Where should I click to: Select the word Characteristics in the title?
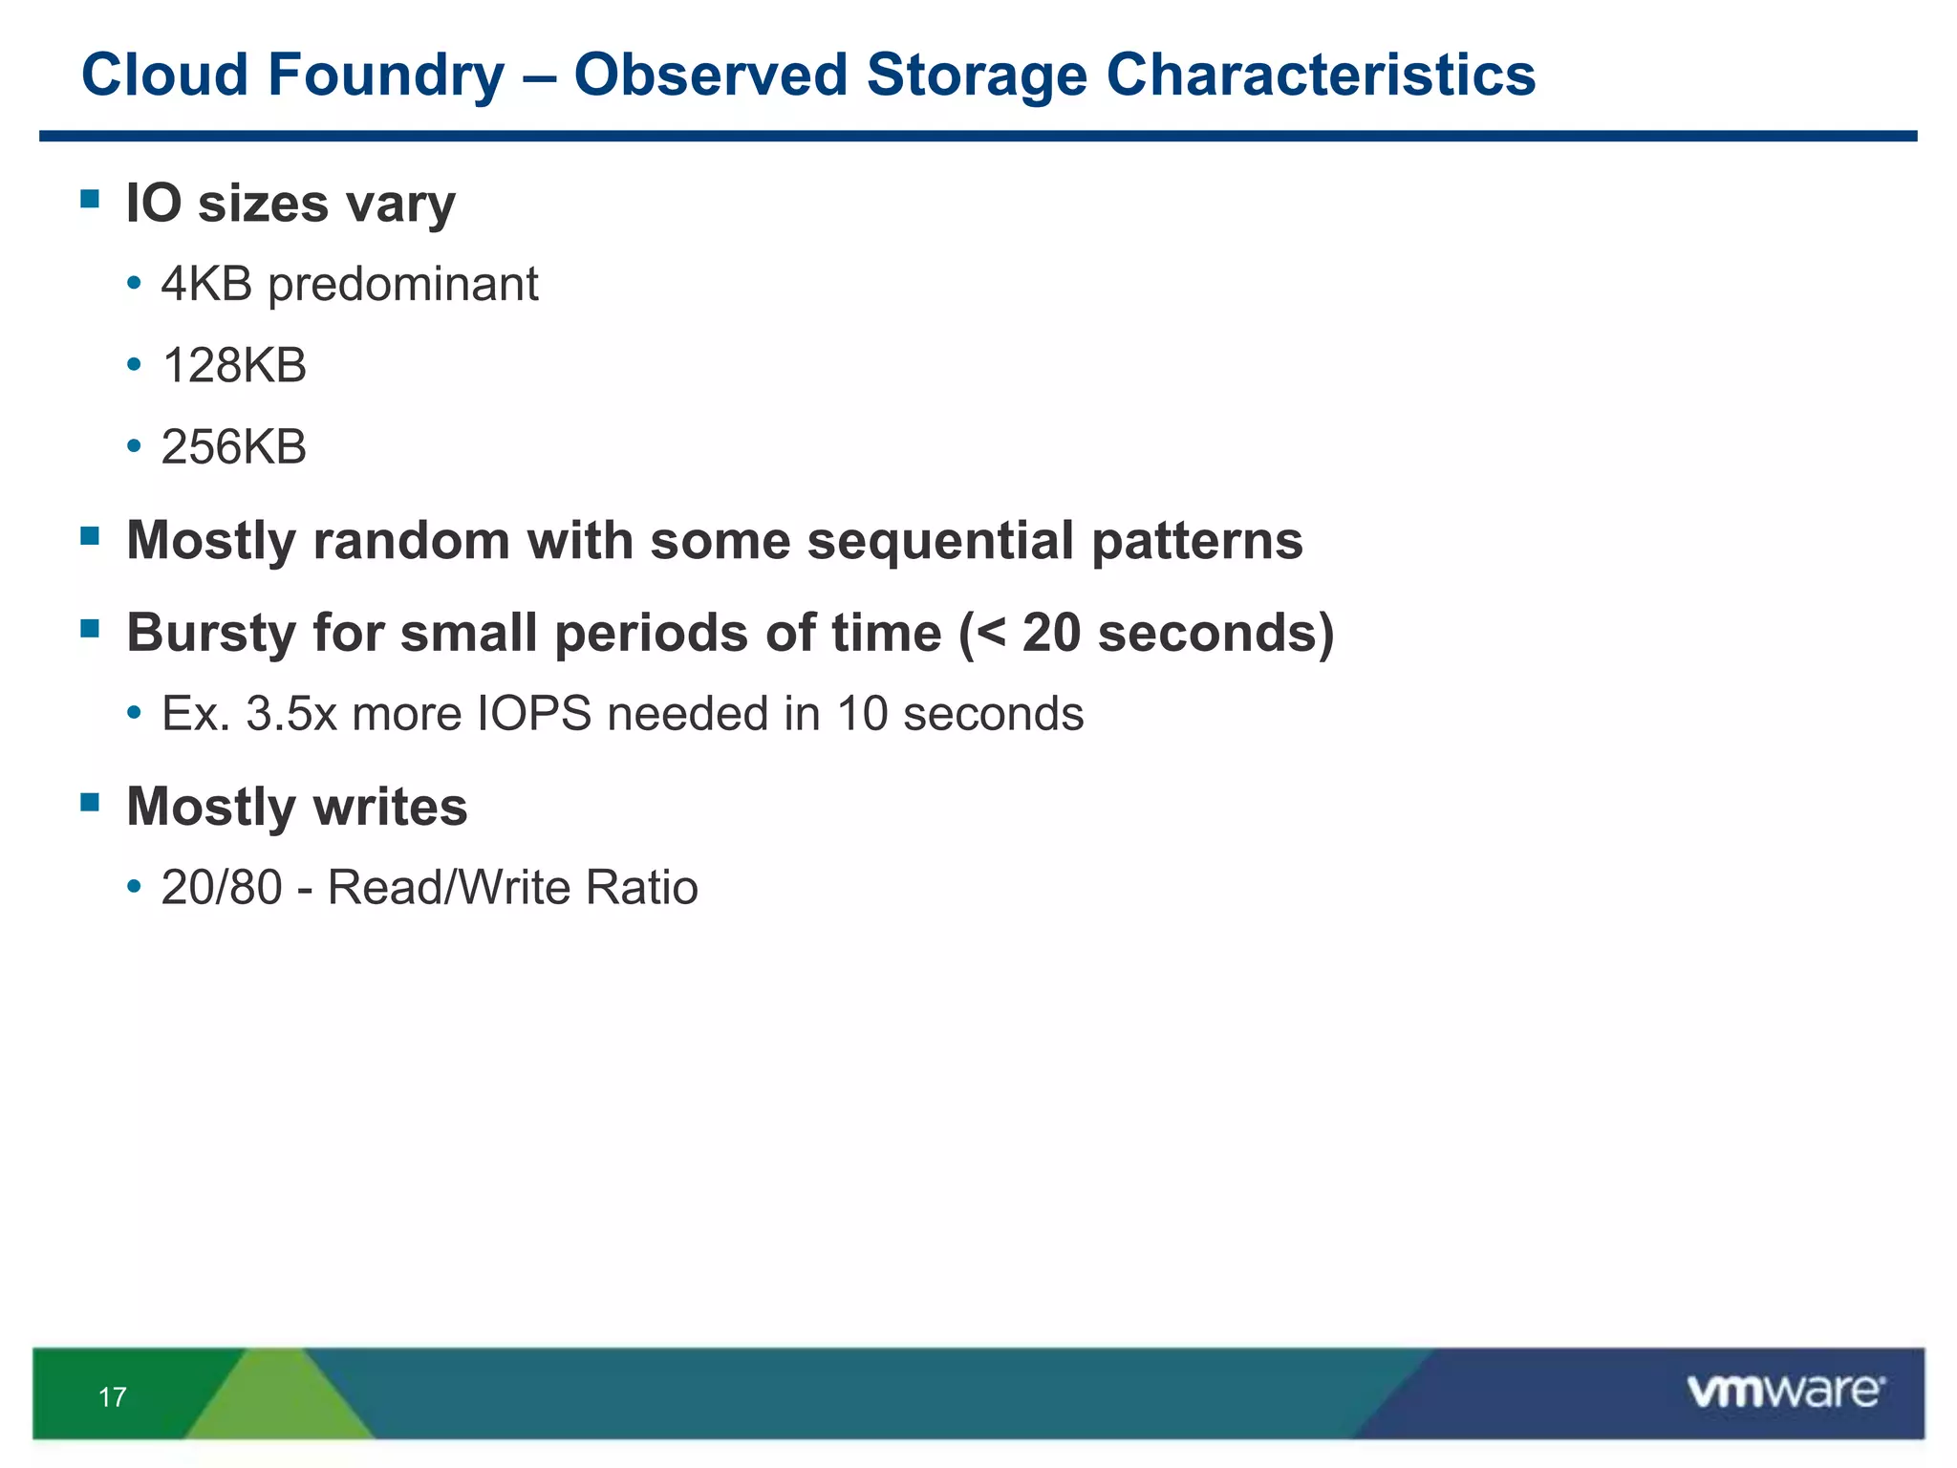point(1320,76)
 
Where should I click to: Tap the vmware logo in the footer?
point(1785,1392)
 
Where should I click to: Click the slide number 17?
point(112,1397)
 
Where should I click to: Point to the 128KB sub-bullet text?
point(234,366)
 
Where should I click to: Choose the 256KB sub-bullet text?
point(234,447)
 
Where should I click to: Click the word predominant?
point(402,285)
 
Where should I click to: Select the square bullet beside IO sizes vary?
point(91,199)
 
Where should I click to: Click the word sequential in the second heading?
point(940,541)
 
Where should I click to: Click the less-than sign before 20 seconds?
point(990,634)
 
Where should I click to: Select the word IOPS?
point(534,715)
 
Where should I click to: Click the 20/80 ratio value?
point(222,888)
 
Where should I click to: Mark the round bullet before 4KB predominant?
point(135,284)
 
